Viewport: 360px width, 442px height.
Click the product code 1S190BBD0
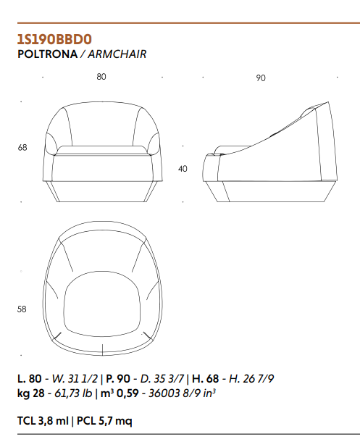click(54, 39)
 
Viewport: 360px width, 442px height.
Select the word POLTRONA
click(47, 54)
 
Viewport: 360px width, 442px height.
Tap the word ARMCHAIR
click(117, 54)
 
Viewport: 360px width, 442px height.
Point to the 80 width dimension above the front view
click(101, 77)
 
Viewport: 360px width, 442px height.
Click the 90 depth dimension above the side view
click(261, 78)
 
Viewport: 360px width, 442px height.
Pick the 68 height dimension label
click(22, 147)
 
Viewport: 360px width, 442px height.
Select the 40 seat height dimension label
click(183, 169)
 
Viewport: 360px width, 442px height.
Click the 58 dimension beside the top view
click(22, 309)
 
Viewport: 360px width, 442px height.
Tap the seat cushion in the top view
click(102, 304)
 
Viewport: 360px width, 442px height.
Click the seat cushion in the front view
click(102, 150)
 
